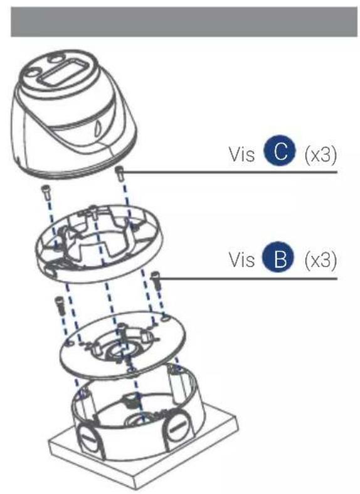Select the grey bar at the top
tap(179, 21)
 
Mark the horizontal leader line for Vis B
tap(251, 278)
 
